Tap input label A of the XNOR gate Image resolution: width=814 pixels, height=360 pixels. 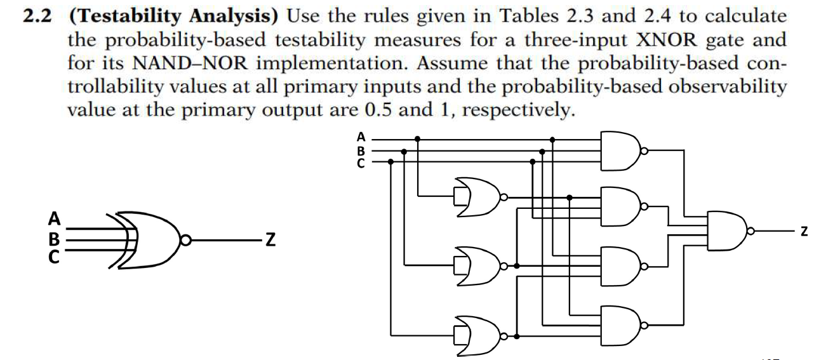click(x=55, y=220)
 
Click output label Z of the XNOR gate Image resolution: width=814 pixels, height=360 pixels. click(x=270, y=239)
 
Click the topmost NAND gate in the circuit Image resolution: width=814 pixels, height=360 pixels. click(x=620, y=151)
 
